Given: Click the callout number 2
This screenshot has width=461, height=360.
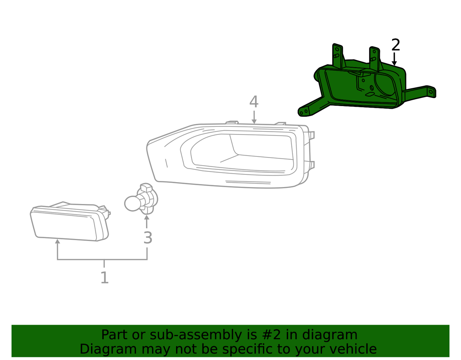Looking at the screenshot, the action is tap(396, 45).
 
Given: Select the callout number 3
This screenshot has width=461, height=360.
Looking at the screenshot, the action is tap(148, 237).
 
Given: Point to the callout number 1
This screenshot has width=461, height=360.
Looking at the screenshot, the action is tap(104, 277).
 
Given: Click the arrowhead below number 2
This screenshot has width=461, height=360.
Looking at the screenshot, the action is tap(394, 63).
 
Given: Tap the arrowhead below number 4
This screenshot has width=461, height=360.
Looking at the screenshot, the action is tap(254, 121).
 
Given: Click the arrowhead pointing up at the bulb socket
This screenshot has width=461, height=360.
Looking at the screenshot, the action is tap(147, 217).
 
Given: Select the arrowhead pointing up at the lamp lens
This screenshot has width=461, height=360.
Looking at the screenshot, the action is tap(57, 241).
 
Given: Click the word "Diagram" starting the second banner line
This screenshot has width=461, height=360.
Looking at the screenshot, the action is tap(108, 349).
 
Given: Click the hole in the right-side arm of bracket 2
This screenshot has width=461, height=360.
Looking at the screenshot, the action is tap(431, 92).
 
